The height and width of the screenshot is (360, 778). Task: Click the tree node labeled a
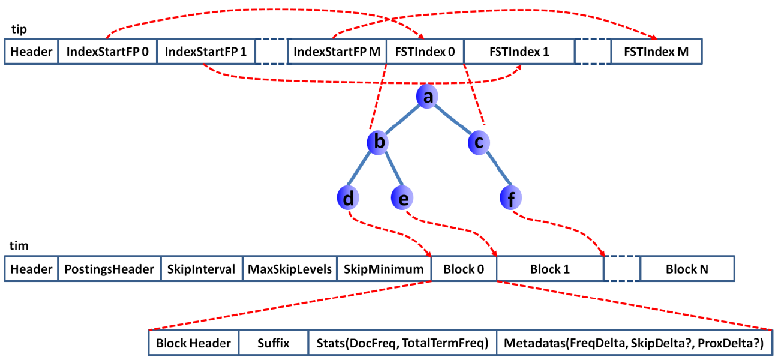coord(426,97)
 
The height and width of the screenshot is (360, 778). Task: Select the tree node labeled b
coord(379,142)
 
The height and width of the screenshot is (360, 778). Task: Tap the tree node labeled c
coord(479,142)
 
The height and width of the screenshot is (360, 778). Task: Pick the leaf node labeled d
coord(349,197)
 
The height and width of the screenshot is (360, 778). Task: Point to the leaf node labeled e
coord(402,197)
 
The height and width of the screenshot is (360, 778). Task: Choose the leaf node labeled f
coord(511,197)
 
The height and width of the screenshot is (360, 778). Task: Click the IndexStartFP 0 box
coord(107,52)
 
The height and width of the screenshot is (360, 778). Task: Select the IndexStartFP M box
coord(337,52)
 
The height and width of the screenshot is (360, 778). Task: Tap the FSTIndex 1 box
coord(519,52)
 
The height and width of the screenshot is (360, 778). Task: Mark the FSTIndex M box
coord(656,52)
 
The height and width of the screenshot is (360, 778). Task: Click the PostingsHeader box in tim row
coord(109,269)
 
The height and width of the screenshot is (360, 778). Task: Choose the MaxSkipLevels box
coord(290,269)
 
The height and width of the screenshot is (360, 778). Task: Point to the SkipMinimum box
coord(384,269)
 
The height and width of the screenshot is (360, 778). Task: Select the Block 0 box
coord(464,269)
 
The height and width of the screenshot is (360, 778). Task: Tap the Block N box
coord(687,269)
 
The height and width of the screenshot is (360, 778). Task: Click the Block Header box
coord(193,344)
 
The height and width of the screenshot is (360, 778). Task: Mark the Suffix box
coord(274,344)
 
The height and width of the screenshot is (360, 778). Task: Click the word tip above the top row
coord(19,29)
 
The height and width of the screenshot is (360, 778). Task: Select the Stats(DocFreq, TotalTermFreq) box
coord(402,344)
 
